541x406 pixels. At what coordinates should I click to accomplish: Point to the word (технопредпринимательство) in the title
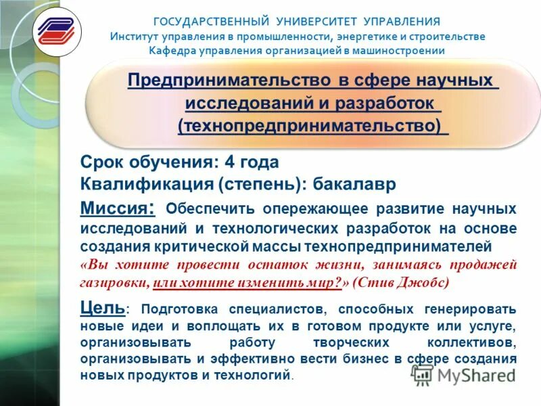tap(310, 126)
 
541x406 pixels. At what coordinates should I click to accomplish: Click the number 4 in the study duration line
tap(229, 162)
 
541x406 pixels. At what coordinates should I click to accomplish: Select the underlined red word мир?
tap(325, 282)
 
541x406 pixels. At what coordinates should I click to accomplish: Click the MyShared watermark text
tap(473, 376)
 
